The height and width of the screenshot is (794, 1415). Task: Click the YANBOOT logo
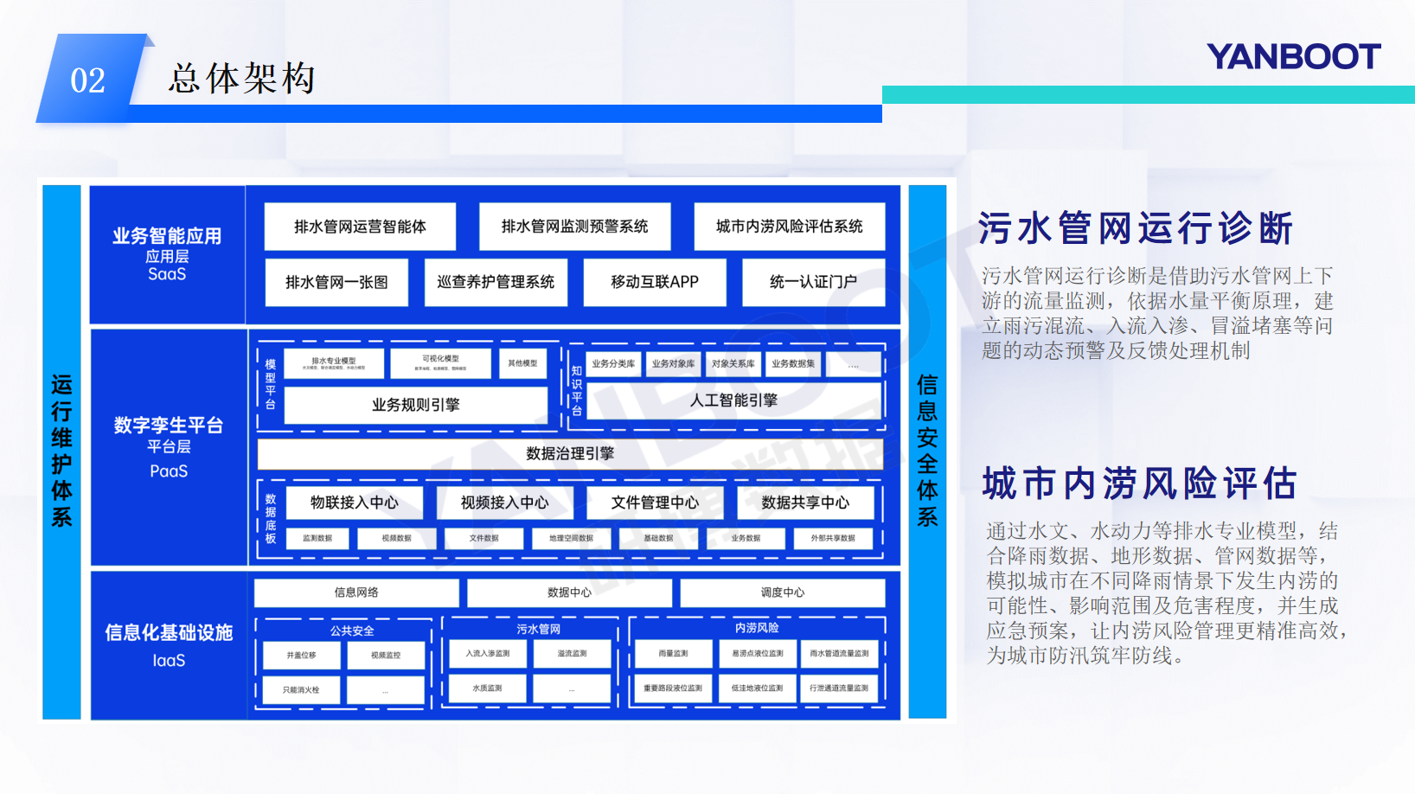tap(1293, 57)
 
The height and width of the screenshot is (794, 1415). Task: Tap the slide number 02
tap(87, 80)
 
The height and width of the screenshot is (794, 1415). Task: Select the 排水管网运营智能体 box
tap(360, 227)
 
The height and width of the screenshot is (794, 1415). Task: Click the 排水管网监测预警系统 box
tap(574, 227)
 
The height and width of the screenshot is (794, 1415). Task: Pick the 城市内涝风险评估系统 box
tap(789, 227)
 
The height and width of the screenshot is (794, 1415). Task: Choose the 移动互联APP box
tap(655, 282)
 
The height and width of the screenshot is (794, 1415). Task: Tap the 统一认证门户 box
tap(813, 282)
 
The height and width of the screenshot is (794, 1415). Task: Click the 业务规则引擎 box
tap(415, 405)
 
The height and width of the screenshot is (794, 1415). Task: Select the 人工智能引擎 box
tap(733, 400)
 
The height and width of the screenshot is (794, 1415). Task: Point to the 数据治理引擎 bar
tap(570, 453)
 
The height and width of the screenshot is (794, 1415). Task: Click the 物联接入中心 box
tap(355, 503)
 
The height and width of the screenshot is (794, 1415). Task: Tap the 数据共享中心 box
tap(805, 503)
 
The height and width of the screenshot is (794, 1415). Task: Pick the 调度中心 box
tap(782, 592)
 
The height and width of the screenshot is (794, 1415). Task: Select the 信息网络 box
tap(356, 592)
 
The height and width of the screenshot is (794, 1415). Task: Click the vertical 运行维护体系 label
tap(61, 451)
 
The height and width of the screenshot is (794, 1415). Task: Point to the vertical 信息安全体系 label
tap(927, 451)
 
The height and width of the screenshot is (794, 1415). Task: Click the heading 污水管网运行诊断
tap(1136, 229)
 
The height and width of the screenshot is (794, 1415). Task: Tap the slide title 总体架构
tap(241, 79)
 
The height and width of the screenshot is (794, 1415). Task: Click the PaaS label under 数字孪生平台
tap(169, 471)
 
